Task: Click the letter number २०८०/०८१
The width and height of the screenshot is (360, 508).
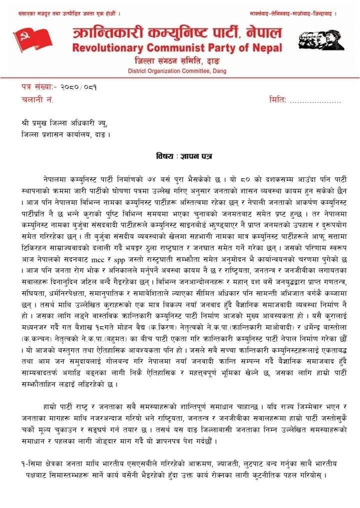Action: point(74,87)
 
